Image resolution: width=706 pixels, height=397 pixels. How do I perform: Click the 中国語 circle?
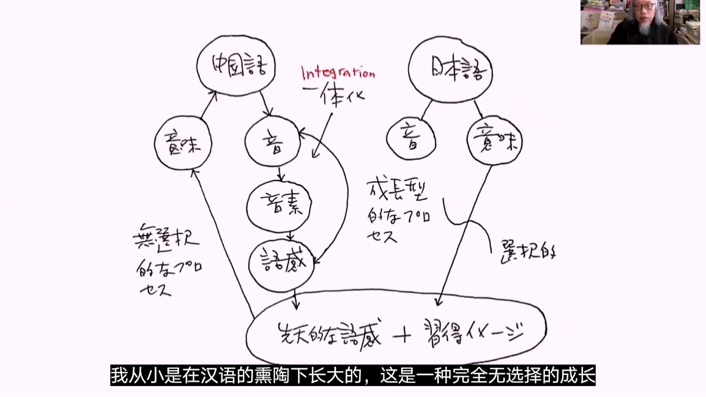coord(236,66)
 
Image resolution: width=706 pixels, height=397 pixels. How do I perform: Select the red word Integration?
coord(338,72)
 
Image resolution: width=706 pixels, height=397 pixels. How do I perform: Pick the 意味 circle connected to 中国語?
coord(183,144)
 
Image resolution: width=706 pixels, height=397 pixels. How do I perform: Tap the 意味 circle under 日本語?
coord(494,143)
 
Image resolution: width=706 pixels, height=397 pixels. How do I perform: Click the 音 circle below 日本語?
coord(411,138)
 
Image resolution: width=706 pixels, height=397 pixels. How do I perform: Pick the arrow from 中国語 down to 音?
coord(266,104)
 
